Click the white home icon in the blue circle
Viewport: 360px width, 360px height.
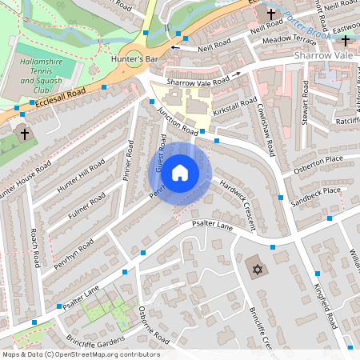point(180,172)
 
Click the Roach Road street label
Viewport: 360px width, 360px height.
point(35,248)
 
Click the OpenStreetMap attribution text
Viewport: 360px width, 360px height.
point(80,354)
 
